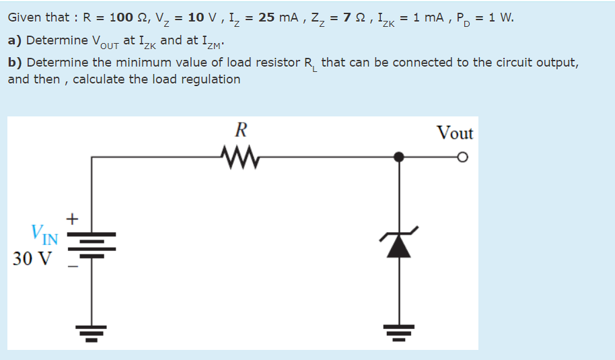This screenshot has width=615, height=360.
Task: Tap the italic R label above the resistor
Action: click(x=240, y=129)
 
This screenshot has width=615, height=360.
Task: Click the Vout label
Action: click(x=456, y=133)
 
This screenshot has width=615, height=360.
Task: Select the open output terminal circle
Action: click(x=462, y=157)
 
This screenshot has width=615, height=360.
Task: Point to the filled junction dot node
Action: click(x=400, y=157)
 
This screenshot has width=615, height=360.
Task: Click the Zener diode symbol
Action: click(x=400, y=244)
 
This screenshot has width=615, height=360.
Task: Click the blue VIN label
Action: click(x=44, y=236)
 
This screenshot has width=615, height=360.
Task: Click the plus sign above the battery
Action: click(x=73, y=219)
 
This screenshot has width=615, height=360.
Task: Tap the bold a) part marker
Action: click(x=15, y=40)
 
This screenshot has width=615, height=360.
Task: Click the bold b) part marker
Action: click(x=15, y=62)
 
